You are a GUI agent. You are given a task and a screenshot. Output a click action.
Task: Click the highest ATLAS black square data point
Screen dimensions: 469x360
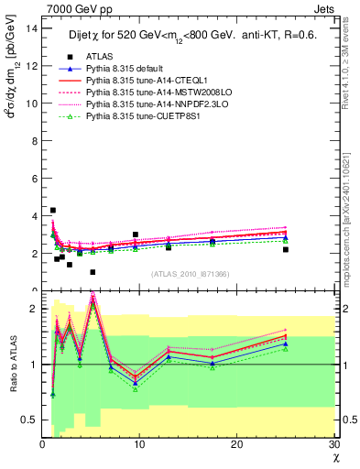(53, 211)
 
